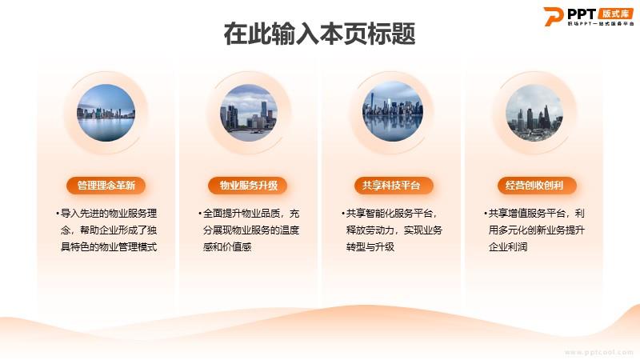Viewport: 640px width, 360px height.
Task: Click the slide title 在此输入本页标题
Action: [x=319, y=34]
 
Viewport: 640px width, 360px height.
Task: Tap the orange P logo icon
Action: [x=553, y=16]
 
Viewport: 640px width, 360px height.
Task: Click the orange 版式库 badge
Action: [x=615, y=14]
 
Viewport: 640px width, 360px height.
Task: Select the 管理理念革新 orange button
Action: [x=106, y=186]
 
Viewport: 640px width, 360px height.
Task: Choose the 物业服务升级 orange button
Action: [x=248, y=186]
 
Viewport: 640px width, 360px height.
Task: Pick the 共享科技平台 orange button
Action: [x=391, y=186]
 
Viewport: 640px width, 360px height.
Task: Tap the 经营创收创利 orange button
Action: [x=534, y=186]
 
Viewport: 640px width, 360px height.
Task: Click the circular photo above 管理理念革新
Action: [x=106, y=113]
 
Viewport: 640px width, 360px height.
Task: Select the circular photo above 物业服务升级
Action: [x=249, y=113]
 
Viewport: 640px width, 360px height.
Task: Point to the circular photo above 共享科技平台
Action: [x=393, y=111]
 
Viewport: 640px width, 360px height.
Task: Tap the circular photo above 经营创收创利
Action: [x=534, y=113]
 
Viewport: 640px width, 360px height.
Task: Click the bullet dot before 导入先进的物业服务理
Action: [x=58, y=214]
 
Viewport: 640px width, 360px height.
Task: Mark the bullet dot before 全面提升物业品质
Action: [x=200, y=214]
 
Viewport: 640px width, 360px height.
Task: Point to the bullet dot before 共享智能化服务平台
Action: [x=343, y=214]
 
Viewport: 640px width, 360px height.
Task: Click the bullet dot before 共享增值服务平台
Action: [x=486, y=214]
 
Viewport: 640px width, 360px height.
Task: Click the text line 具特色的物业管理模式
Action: [x=109, y=247]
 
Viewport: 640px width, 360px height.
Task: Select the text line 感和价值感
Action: [x=227, y=247]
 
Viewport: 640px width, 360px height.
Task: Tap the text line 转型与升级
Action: [x=370, y=247]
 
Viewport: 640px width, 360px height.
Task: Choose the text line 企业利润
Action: [x=508, y=247]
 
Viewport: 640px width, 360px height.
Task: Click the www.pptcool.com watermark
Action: [x=598, y=352]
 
